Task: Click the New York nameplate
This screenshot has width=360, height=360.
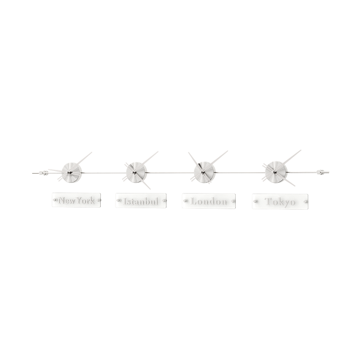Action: (x=76, y=200)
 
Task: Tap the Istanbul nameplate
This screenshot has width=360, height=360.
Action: (x=141, y=201)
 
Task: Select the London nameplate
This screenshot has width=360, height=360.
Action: (x=209, y=201)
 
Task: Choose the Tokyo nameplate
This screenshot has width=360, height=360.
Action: (x=280, y=201)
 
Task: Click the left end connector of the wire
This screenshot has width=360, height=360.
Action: (x=43, y=173)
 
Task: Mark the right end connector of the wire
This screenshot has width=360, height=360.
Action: (x=321, y=172)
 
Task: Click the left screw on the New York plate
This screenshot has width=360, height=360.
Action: (x=55, y=200)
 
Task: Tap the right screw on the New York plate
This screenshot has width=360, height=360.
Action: (x=98, y=200)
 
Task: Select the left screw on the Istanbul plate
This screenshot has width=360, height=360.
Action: (x=118, y=200)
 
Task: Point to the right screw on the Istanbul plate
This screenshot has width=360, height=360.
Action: (x=164, y=201)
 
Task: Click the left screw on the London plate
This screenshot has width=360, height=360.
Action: (x=184, y=201)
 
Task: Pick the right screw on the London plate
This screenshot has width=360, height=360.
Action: (x=233, y=201)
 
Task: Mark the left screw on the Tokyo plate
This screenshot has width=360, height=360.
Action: (x=255, y=201)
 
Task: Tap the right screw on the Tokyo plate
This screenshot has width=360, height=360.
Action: (x=305, y=201)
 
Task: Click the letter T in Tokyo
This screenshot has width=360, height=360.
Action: (x=269, y=201)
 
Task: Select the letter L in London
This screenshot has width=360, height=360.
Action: (x=195, y=201)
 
